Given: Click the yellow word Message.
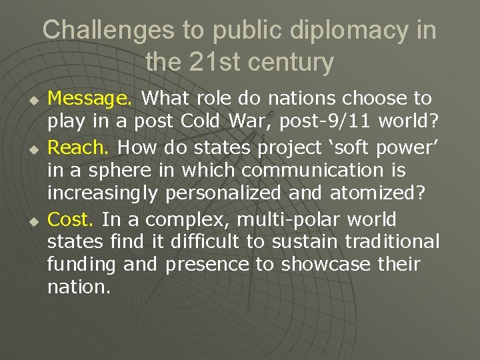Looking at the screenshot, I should pos(91,99).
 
